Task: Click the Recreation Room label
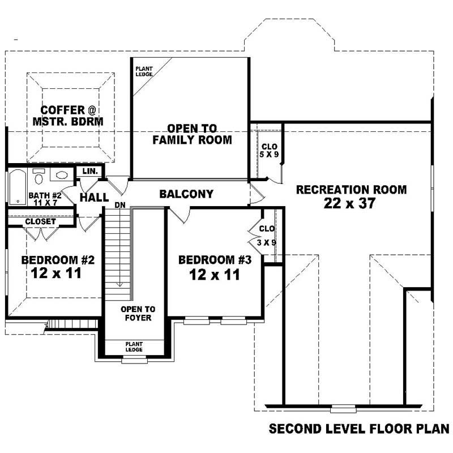[x=351, y=190]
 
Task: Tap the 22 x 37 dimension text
[x=349, y=204]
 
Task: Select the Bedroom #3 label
[x=215, y=260]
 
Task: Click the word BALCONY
[x=186, y=194]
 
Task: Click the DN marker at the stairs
[x=120, y=205]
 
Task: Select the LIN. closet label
[x=91, y=171]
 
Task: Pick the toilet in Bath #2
[x=39, y=177]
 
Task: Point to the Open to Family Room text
[x=192, y=134]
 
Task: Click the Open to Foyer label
[x=138, y=313]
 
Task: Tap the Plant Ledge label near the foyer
[x=134, y=347]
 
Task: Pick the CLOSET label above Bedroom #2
[x=40, y=221]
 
